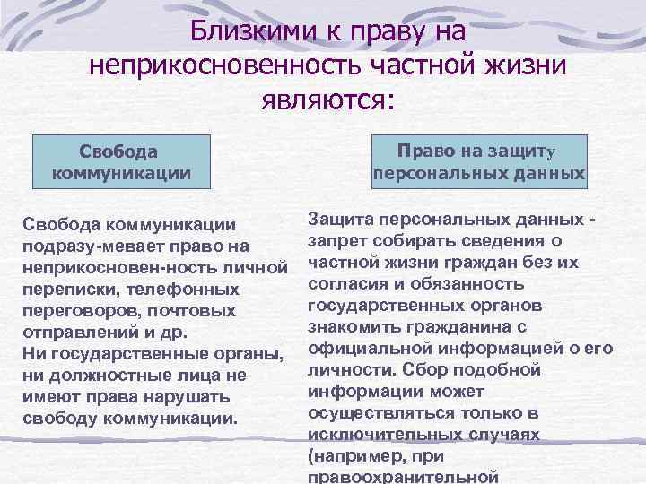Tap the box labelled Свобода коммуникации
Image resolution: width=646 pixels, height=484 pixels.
click(x=121, y=161)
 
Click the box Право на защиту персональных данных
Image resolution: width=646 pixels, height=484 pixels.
click(x=479, y=161)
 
